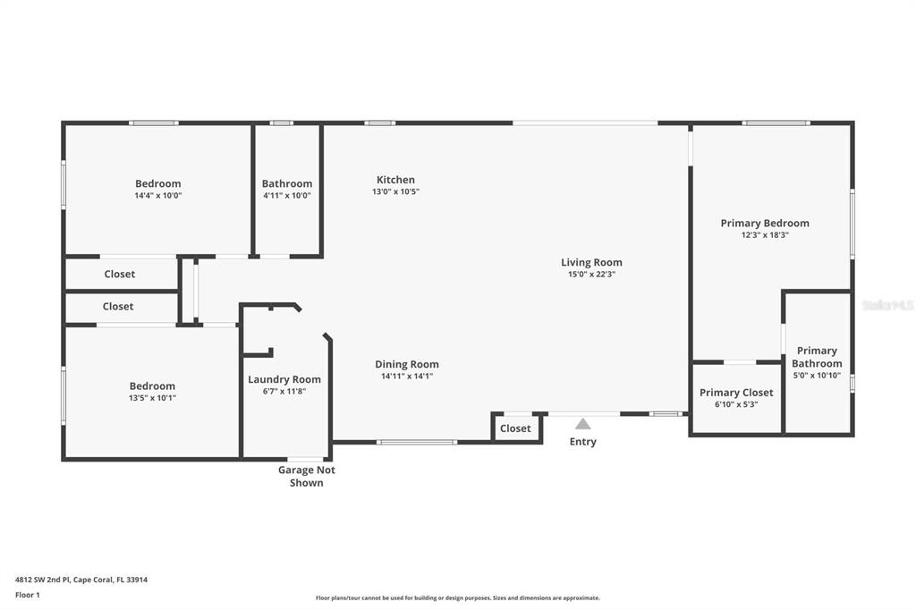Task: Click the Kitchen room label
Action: (x=395, y=180)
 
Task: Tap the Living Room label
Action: (x=591, y=262)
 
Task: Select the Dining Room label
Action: (x=407, y=364)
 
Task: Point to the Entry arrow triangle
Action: (x=582, y=424)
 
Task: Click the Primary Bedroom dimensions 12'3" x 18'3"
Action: (x=765, y=235)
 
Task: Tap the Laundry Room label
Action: (x=284, y=379)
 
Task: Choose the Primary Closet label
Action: (x=736, y=393)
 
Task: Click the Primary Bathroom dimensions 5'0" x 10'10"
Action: (x=817, y=375)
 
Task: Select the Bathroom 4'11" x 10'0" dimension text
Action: (x=287, y=196)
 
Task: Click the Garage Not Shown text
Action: (x=306, y=476)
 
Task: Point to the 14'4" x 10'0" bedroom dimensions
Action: (x=157, y=196)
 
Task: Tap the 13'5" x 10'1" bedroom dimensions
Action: (x=152, y=398)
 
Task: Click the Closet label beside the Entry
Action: (x=515, y=428)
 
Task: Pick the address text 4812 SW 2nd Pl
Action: (x=42, y=580)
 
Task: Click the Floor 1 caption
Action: (x=28, y=595)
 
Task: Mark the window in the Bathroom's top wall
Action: (x=281, y=123)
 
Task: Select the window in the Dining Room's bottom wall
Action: (x=417, y=443)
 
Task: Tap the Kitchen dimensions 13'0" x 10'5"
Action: (x=395, y=191)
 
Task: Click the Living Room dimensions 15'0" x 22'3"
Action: (x=591, y=274)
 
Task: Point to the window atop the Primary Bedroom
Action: (x=776, y=123)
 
